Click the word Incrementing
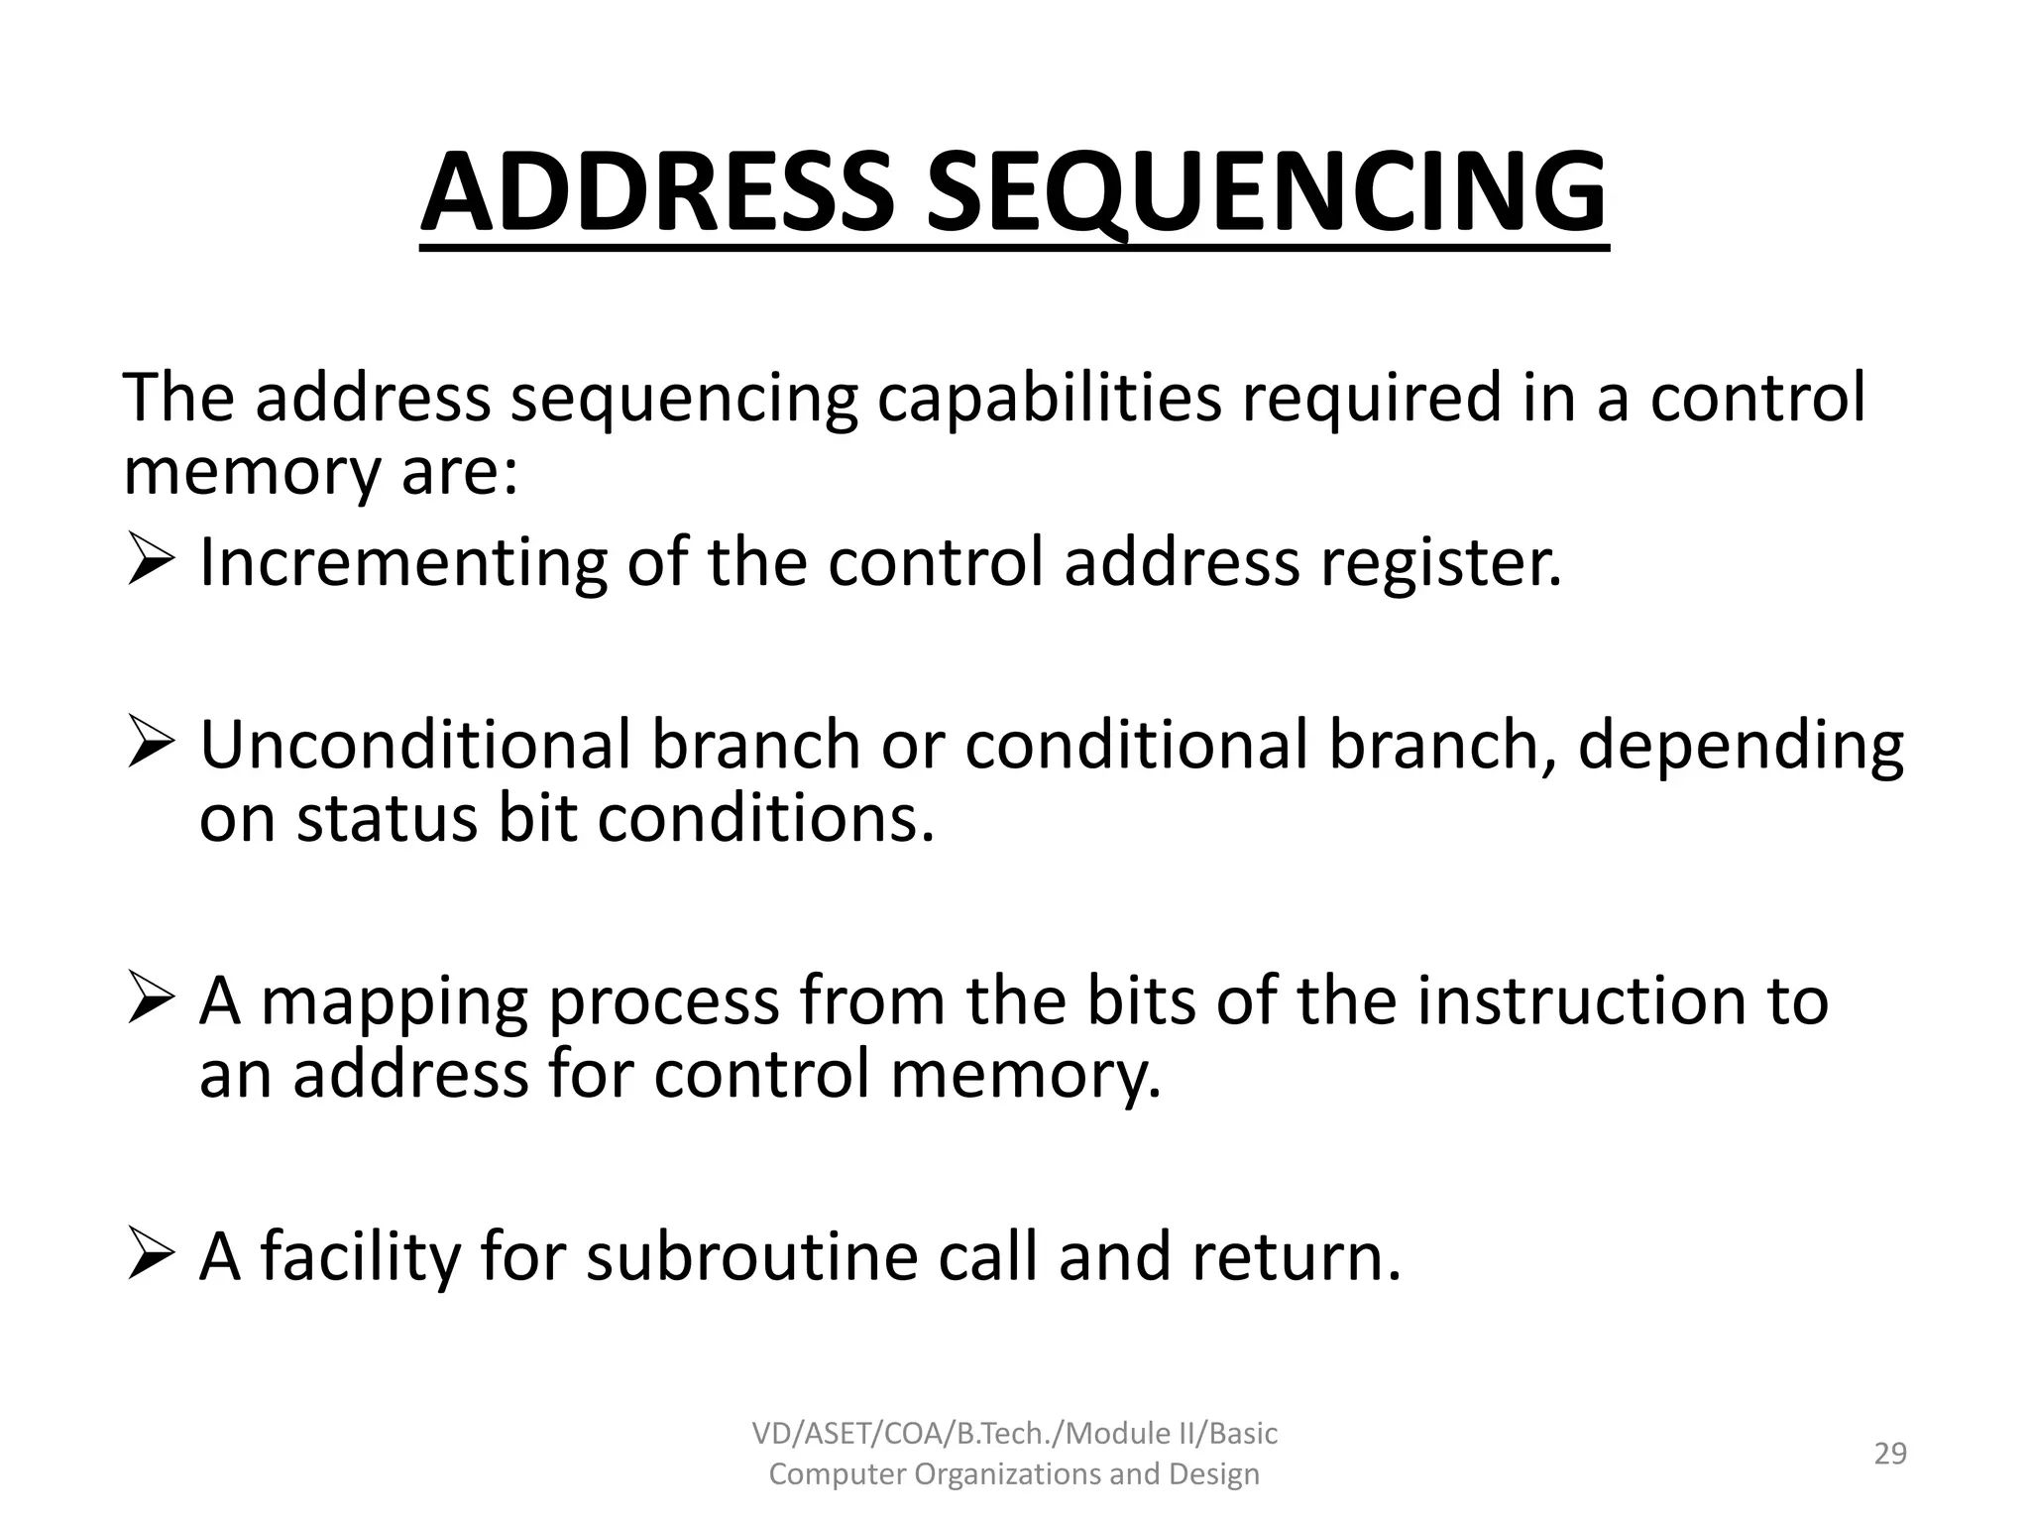point(402,564)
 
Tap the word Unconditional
point(415,745)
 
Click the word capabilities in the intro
point(1050,399)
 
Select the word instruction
point(1577,1000)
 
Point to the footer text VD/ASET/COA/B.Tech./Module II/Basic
point(1014,1433)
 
